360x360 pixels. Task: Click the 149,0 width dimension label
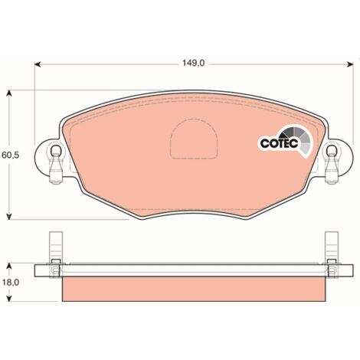pos(193,63)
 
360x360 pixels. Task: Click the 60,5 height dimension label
pos(11,155)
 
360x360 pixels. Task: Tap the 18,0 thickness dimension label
pos(11,283)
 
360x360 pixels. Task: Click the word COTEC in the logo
pos(279,143)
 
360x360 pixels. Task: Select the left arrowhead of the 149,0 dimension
pos(38,64)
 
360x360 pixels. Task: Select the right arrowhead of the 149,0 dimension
pos(350,64)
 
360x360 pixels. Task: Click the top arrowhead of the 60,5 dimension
pos(9,93)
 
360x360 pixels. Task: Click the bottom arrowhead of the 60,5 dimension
pos(9,216)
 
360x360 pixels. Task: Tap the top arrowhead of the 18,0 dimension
pos(9,267)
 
